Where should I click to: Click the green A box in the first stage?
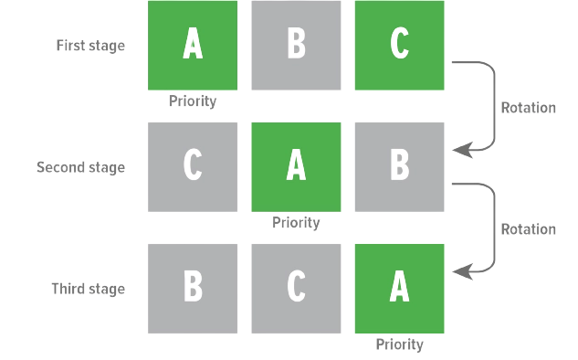[x=193, y=46]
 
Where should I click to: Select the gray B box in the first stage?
[x=296, y=46]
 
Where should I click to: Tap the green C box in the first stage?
[x=400, y=46]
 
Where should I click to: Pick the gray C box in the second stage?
[x=193, y=167]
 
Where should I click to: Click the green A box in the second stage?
[x=296, y=167]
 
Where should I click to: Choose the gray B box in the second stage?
[x=400, y=167]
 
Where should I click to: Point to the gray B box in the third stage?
[x=193, y=289]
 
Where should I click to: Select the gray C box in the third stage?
[x=296, y=289]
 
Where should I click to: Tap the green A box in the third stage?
[x=400, y=289]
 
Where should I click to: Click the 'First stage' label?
[x=90, y=46]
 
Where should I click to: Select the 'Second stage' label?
[x=80, y=168]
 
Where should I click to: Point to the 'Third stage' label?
[x=88, y=289]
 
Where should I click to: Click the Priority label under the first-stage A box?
[x=193, y=101]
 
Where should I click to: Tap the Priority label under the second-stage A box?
[x=296, y=223]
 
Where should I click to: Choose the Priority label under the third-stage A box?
[x=400, y=344]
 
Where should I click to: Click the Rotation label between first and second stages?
[x=529, y=108]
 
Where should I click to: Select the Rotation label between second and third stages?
[x=529, y=229]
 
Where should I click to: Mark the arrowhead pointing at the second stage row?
[x=463, y=150]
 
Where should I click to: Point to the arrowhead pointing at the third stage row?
[x=463, y=272]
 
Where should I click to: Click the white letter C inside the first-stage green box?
[x=400, y=44]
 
